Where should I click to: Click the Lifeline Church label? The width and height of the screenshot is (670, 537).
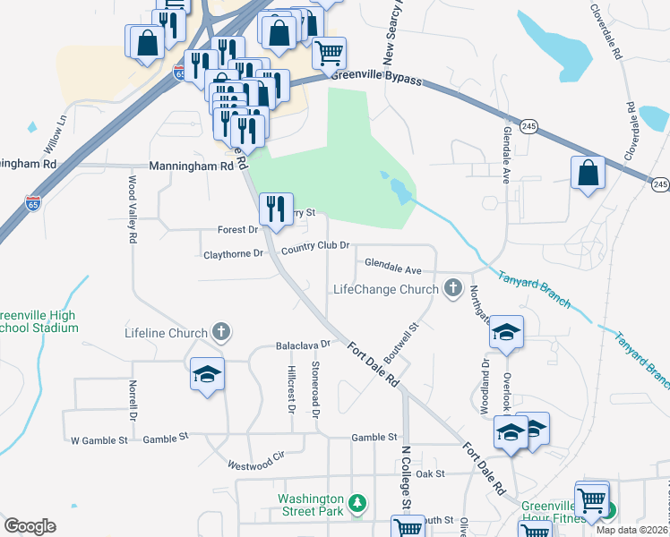tap(166, 333)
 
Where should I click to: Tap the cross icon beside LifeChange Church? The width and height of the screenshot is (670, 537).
tap(453, 288)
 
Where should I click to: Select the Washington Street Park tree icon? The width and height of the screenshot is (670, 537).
tap(357, 504)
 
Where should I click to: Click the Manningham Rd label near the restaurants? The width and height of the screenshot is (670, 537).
tap(191, 166)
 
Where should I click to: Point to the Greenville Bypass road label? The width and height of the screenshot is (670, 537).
tap(376, 77)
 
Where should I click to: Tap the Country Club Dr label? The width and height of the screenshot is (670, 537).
tap(314, 247)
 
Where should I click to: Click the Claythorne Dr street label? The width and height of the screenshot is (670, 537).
tap(234, 253)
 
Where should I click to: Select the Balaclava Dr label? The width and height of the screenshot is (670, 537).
tap(304, 344)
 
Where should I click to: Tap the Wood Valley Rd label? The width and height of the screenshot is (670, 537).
tap(132, 209)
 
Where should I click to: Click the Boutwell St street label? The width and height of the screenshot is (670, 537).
tap(401, 337)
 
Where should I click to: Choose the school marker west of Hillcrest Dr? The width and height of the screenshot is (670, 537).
tap(207, 373)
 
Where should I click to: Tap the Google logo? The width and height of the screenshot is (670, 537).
tap(30, 526)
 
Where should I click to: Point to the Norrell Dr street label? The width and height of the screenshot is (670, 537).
tap(131, 400)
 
